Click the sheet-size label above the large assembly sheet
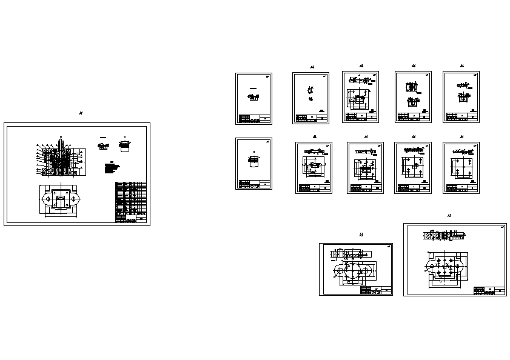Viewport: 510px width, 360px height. tap(81, 113)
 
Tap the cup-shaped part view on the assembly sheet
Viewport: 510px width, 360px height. tap(126, 145)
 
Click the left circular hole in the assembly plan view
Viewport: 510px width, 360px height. tap(46, 198)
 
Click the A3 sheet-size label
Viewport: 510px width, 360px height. tap(361, 235)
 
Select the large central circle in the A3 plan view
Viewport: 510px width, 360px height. tap(352, 270)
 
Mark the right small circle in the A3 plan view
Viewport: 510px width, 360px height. tap(367, 270)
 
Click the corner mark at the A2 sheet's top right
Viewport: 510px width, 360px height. tap(502, 228)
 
